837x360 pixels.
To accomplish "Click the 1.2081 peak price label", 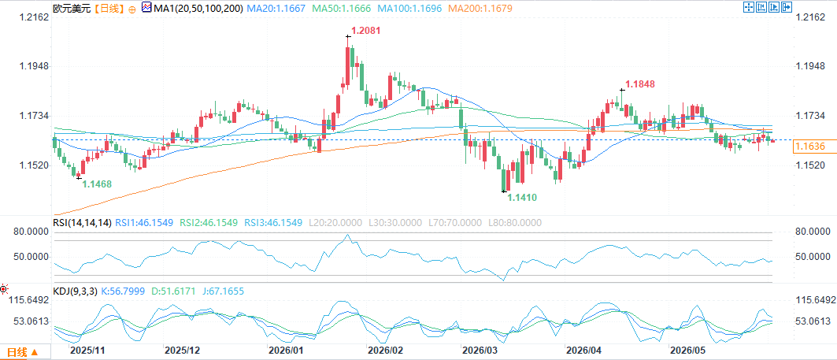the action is click(x=365, y=31).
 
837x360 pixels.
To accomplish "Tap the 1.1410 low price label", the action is click(x=521, y=198).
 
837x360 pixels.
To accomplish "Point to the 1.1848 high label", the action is click(x=640, y=84).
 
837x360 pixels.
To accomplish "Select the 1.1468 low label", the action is click(x=97, y=184).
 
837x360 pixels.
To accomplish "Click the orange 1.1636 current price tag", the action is click(x=809, y=146).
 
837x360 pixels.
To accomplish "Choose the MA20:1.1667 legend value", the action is click(x=276, y=9).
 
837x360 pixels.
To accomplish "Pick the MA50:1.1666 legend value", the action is click(x=341, y=9).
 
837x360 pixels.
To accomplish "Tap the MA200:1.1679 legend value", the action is click(x=480, y=9).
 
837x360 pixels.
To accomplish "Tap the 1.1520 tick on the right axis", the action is click(x=809, y=165).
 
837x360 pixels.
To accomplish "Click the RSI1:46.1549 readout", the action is click(x=143, y=223).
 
